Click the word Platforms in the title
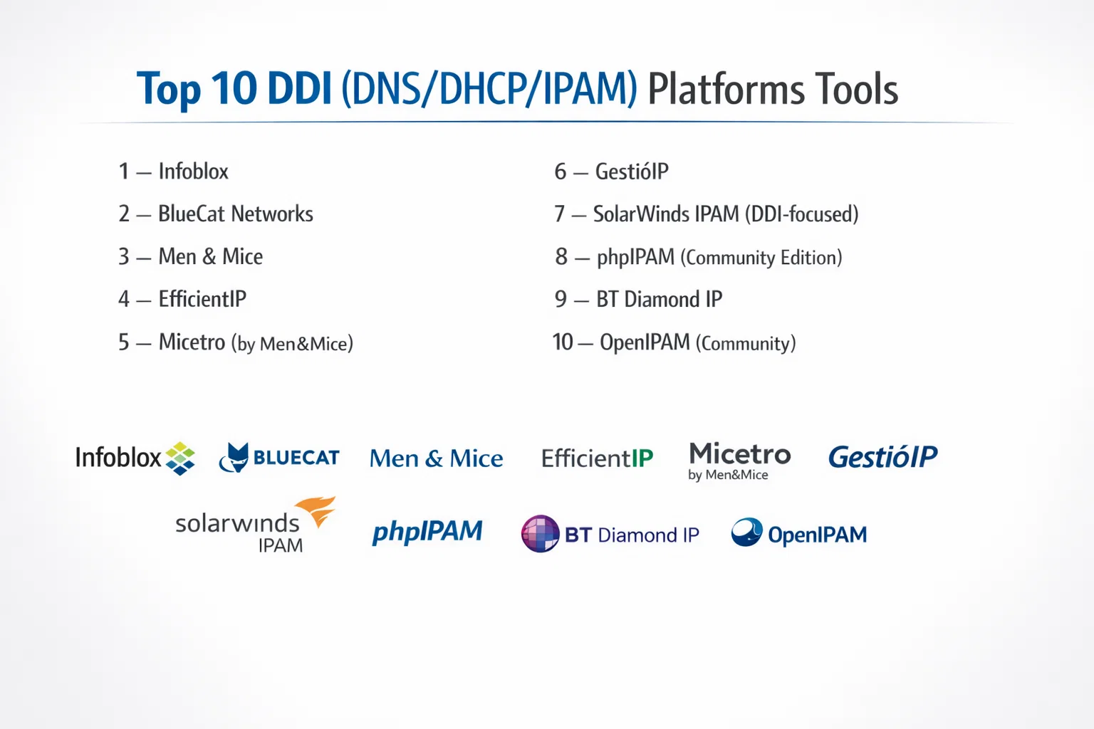tap(726, 90)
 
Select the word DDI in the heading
tap(300, 89)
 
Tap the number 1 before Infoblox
tap(123, 172)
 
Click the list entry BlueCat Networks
tap(236, 214)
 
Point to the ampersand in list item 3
tap(209, 257)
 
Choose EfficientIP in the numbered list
tap(202, 299)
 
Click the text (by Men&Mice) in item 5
tap(292, 344)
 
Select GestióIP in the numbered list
tap(632, 172)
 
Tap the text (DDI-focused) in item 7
tap(802, 214)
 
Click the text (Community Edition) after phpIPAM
tap(761, 258)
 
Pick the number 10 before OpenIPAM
tap(562, 342)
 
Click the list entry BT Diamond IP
tap(659, 299)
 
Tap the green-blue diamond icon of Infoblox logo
tap(180, 458)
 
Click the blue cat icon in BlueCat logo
tap(234, 458)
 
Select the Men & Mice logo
tap(436, 458)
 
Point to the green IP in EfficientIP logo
tap(642, 458)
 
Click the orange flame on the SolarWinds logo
tap(316, 511)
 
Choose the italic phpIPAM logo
tap(427, 532)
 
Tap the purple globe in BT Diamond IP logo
tap(540, 534)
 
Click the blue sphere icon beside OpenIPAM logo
tap(746, 532)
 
